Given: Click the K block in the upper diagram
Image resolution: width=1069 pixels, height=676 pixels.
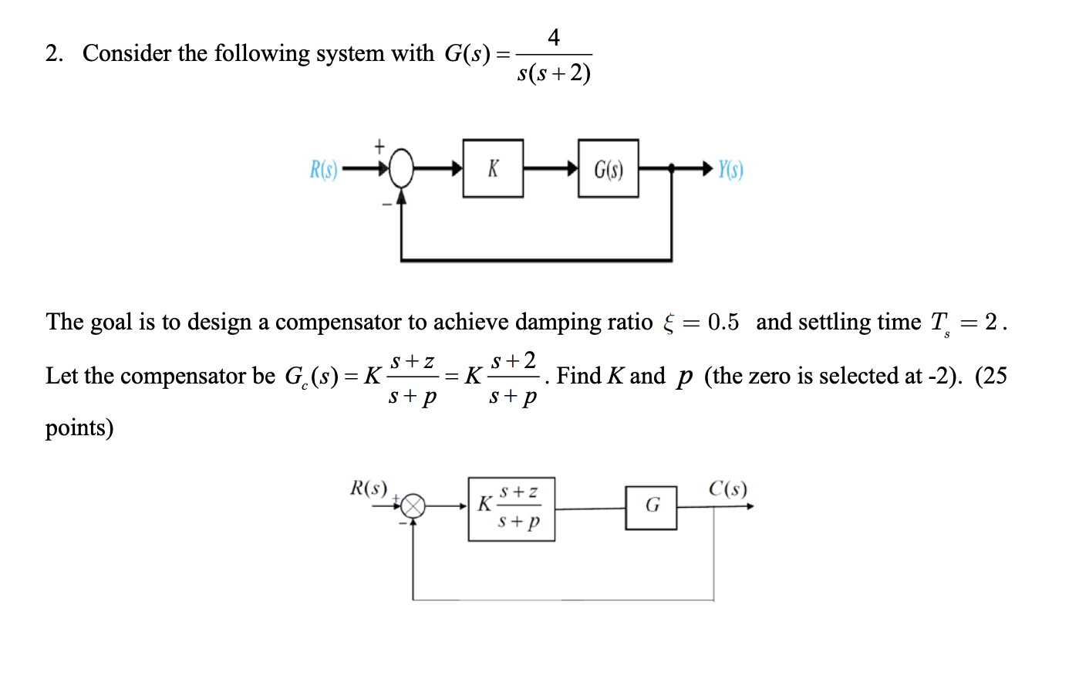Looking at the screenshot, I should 493,168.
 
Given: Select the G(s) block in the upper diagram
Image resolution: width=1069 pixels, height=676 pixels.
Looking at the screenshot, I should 608,168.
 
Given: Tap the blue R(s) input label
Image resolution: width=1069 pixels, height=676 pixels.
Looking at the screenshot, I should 324,169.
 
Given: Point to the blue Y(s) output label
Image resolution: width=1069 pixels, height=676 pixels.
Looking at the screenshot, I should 730,169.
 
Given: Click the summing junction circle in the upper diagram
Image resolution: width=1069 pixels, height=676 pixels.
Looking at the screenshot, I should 401,168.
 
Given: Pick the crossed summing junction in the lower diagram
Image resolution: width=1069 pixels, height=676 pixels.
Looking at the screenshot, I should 414,506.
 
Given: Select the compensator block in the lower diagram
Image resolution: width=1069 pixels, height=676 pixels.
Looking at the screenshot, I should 511,509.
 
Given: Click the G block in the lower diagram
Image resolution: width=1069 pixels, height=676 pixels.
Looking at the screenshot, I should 651,507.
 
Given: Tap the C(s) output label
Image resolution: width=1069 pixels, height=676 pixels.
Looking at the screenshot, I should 727,488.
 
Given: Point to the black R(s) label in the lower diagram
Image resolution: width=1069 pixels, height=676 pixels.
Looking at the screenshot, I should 369,488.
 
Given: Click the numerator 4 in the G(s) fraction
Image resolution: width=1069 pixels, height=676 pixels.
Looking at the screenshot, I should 553,36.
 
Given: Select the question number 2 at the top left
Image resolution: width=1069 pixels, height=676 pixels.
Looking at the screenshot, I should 53,53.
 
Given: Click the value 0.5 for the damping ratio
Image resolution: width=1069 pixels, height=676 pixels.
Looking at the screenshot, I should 723,322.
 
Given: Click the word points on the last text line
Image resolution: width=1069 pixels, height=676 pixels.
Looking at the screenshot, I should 79,428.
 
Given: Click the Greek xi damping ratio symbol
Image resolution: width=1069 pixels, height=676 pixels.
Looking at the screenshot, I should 668,323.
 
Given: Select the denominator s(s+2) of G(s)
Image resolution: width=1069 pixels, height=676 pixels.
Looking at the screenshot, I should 554,73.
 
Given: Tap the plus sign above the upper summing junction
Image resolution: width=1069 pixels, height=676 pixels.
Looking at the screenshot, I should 379,145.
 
